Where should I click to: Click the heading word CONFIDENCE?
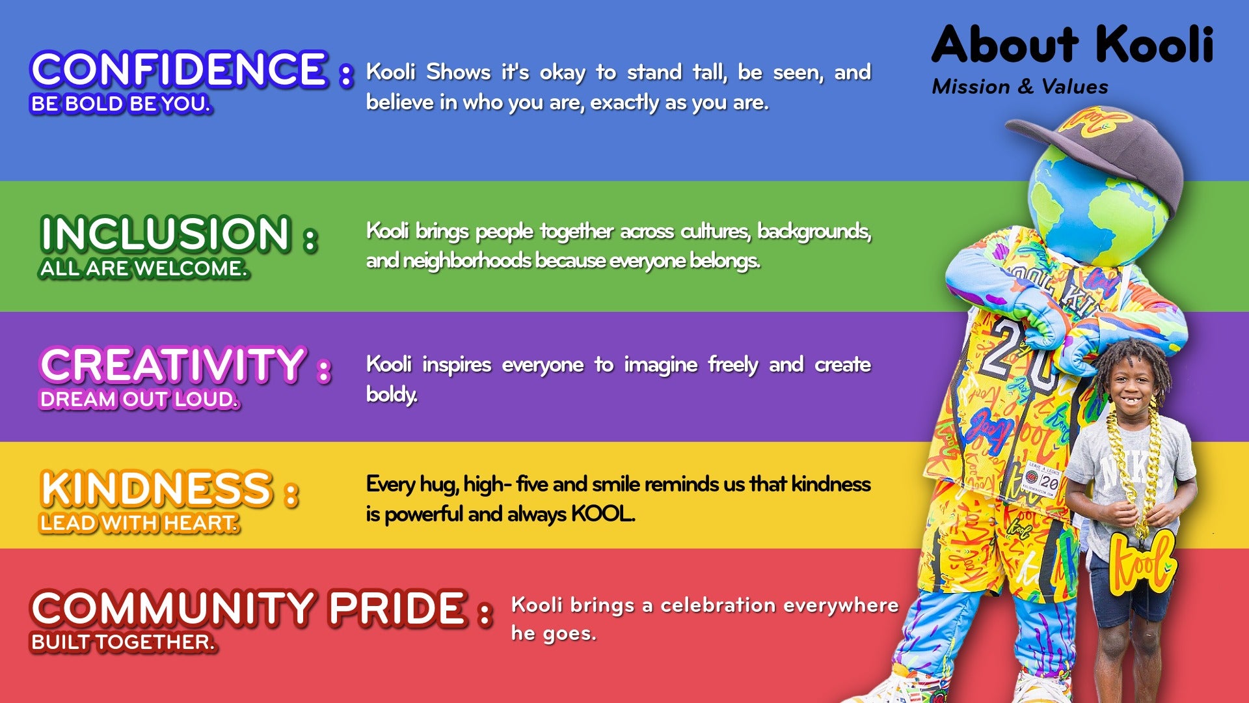178,69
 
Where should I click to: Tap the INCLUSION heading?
165,234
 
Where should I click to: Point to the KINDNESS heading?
156,489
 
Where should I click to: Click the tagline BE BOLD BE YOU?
121,104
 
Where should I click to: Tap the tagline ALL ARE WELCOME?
144,268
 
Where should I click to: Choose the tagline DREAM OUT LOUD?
139,399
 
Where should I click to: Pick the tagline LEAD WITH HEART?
139,523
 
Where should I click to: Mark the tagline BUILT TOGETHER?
123,642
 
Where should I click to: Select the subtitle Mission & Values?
1019,87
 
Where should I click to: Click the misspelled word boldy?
392,394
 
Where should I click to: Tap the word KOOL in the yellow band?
602,514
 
